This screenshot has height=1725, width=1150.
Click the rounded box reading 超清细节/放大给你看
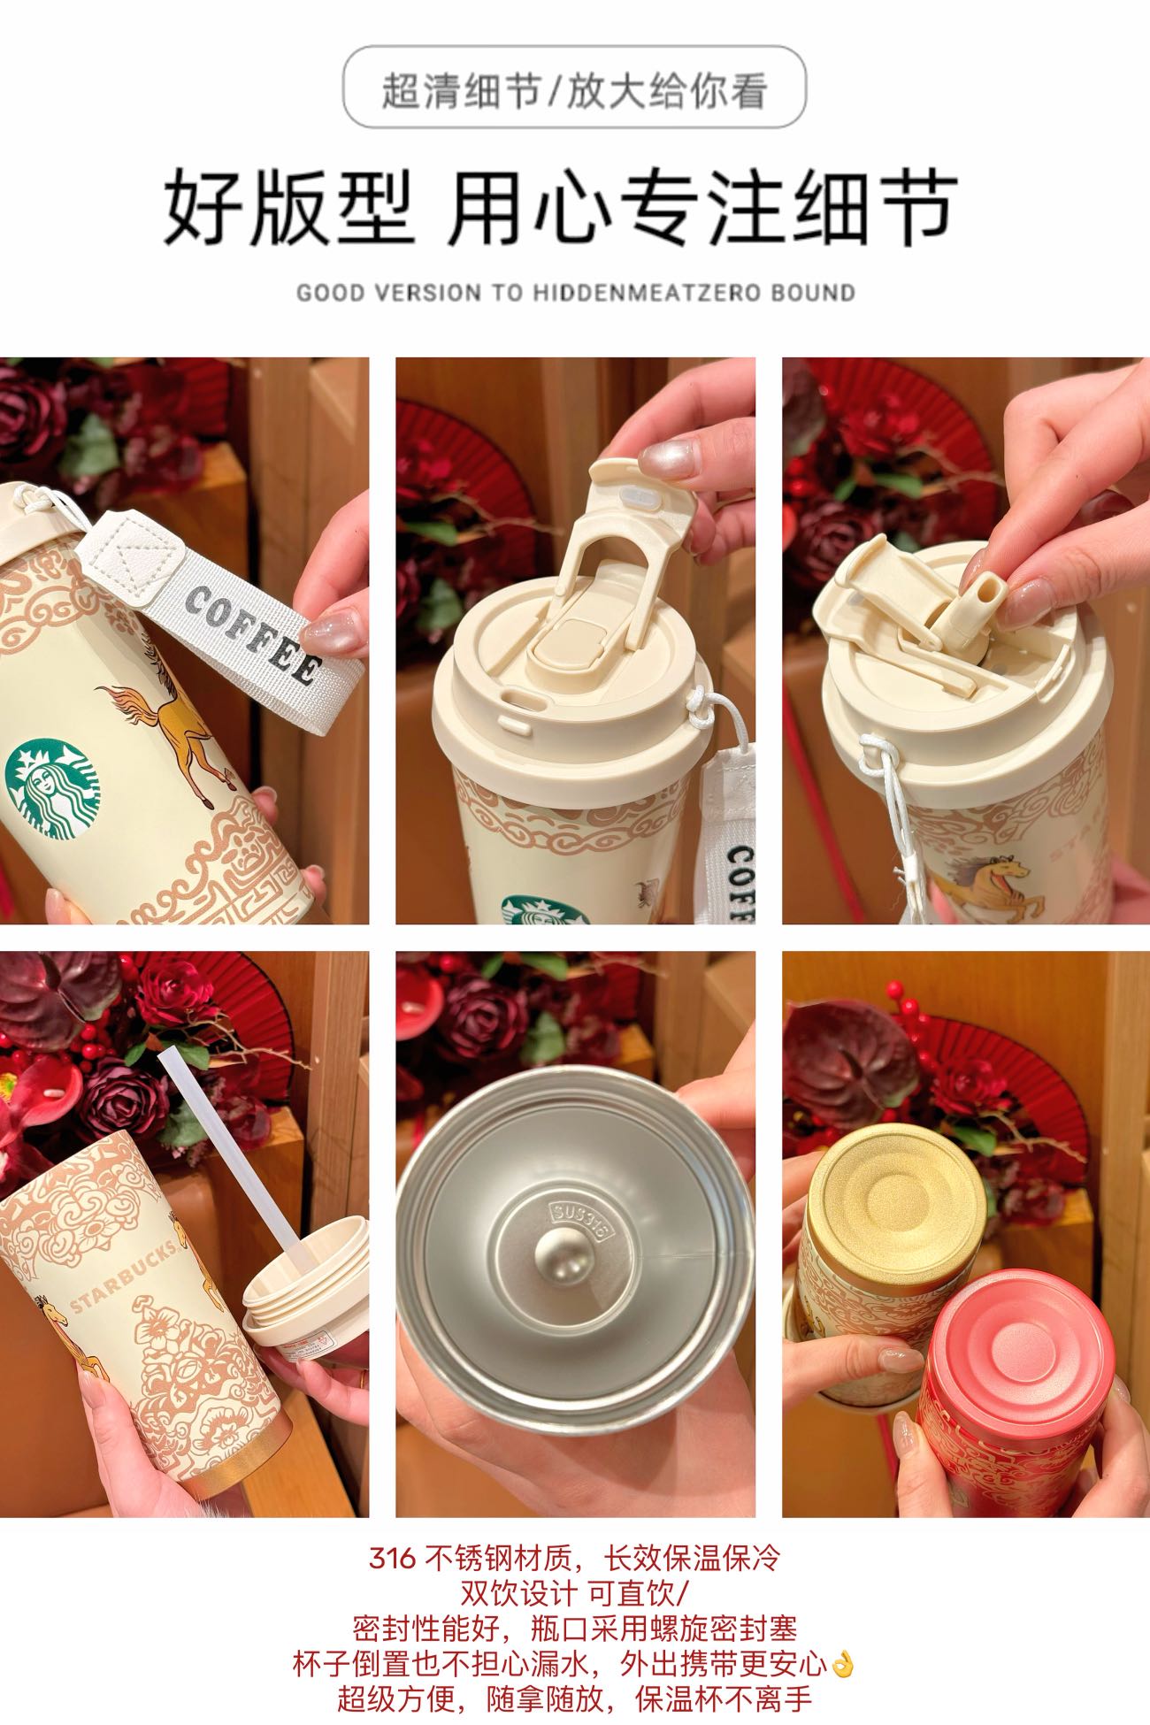(574, 88)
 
